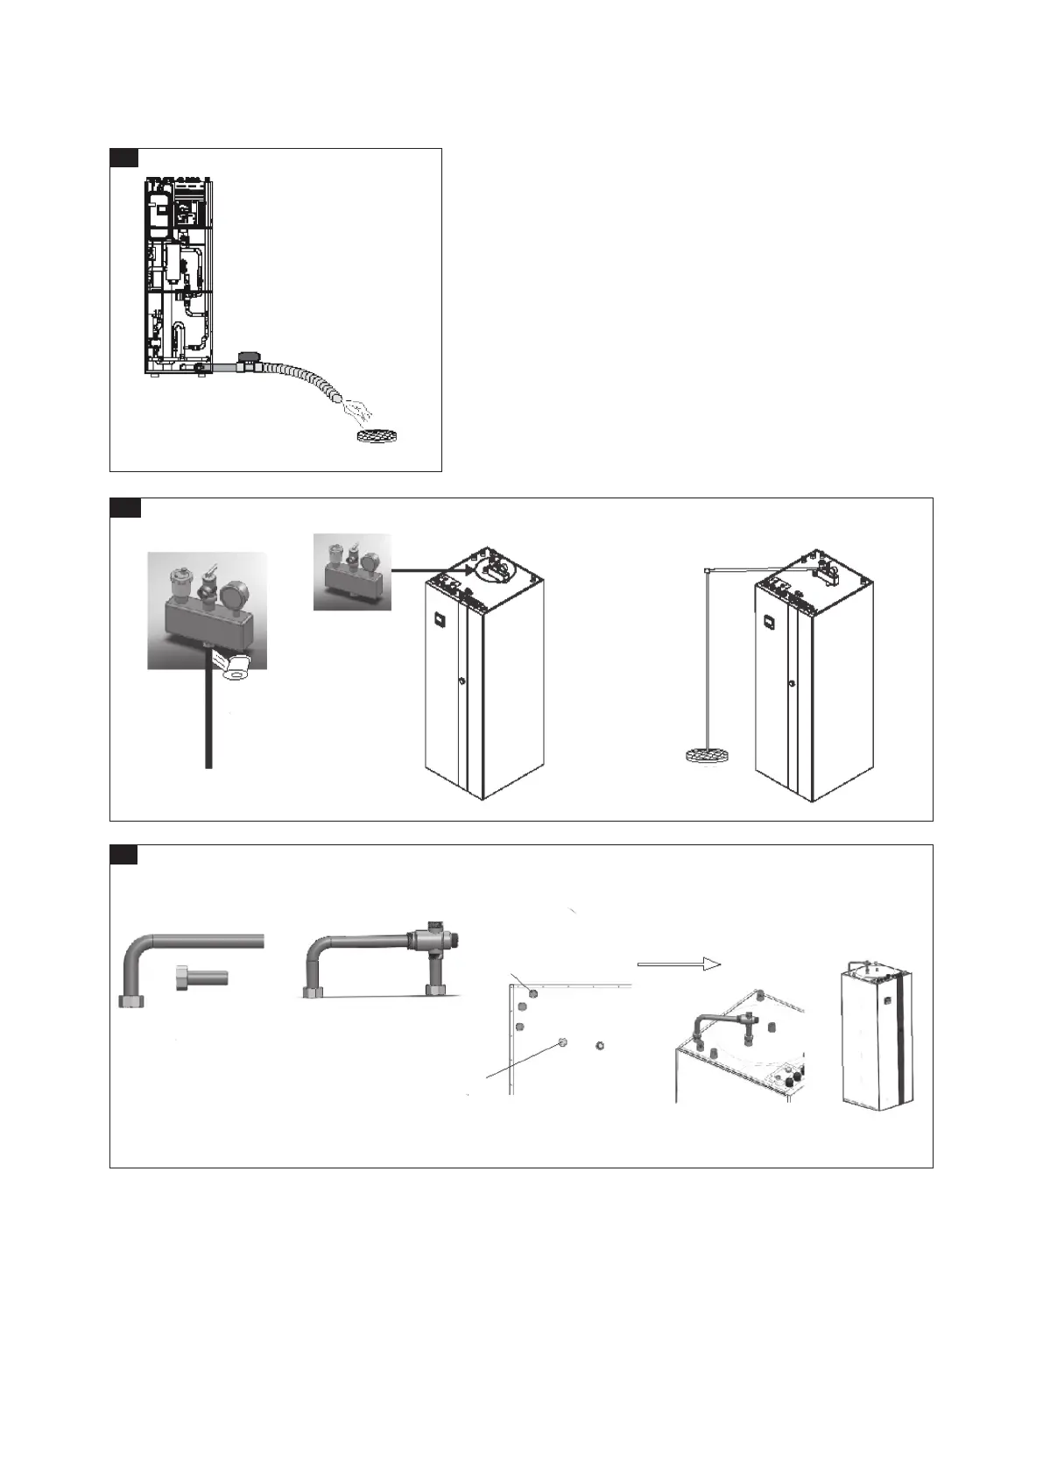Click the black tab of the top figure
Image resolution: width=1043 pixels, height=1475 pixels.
[x=123, y=157]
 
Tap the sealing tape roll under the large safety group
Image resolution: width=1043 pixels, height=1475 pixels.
[x=236, y=669]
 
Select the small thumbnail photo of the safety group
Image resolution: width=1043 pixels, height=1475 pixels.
[x=352, y=571]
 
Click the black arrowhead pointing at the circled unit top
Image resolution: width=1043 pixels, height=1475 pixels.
[x=471, y=570]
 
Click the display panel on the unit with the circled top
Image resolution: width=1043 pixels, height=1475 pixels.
[x=436, y=624]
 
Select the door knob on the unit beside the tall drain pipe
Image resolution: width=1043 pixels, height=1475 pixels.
[x=791, y=684]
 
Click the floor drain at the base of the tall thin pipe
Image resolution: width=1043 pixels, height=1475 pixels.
[x=706, y=755]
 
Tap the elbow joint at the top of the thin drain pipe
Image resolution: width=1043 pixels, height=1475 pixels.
[x=706, y=570]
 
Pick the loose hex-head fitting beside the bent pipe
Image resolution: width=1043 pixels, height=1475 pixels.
[x=201, y=977]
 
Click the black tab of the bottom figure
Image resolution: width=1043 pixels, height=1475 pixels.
[x=123, y=854]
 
